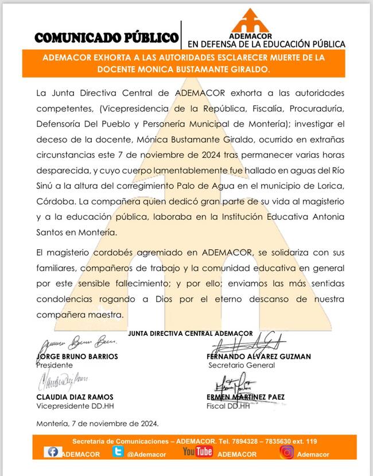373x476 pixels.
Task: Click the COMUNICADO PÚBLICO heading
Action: (x=107, y=38)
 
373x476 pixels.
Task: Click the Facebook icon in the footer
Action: (x=53, y=452)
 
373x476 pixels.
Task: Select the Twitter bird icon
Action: (x=118, y=452)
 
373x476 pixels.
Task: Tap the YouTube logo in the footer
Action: (x=197, y=452)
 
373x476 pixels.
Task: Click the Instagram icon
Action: (x=287, y=452)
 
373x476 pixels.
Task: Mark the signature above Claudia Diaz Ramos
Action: (x=64, y=382)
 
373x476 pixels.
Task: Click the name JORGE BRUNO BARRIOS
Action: (x=77, y=357)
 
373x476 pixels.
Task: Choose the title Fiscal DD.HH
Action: (x=228, y=406)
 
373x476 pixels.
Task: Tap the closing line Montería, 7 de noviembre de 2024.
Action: (x=97, y=424)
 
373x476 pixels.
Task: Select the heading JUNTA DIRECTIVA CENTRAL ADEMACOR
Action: (x=191, y=334)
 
